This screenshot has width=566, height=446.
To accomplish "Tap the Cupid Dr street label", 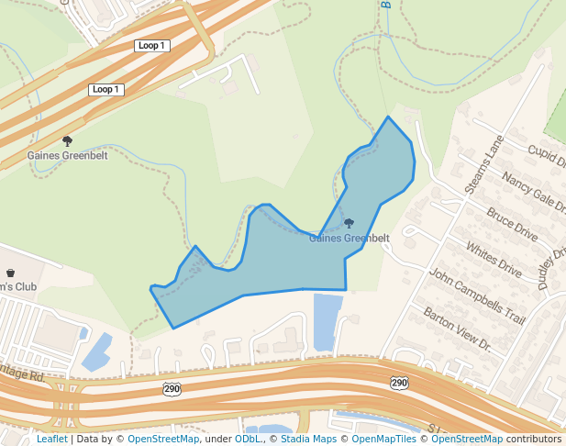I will pos(547,156).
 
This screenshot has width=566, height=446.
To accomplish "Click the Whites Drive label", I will pos(494,260).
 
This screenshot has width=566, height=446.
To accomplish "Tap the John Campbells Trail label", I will pos(477,296).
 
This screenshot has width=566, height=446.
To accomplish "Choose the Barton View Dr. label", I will pos(457,329).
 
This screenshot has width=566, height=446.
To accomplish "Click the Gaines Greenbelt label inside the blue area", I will pos(349,239).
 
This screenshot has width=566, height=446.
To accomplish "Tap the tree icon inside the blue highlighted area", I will pos(349,223).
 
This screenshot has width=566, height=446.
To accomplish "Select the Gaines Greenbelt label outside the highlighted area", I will pos(67,155).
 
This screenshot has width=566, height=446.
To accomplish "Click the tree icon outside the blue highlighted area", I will pos(67,140).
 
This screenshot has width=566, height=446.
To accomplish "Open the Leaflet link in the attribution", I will pos(51,439).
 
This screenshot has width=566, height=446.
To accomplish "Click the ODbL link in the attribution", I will pos(248,439).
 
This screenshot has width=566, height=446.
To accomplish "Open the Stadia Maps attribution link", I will pos(306,439).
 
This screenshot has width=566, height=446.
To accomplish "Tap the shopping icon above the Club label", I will pos(10,273).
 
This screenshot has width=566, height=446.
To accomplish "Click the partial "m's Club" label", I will pos(17,286).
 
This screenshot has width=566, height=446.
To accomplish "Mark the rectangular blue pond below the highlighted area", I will pos(327,321).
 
